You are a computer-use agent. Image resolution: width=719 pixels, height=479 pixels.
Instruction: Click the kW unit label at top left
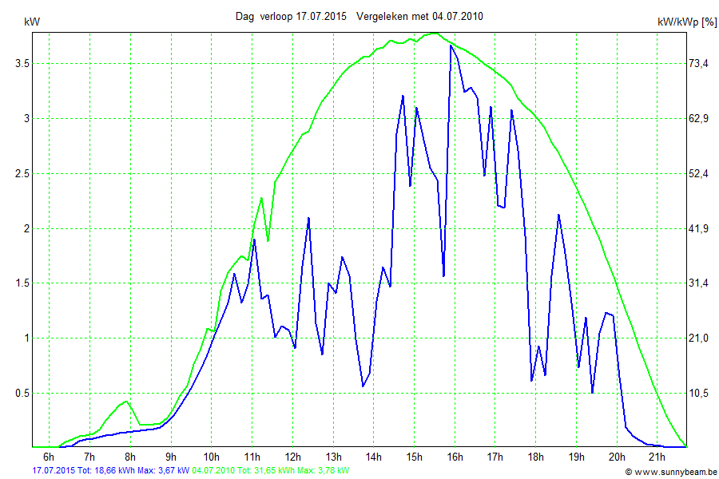pyautogui.click(x=33, y=22)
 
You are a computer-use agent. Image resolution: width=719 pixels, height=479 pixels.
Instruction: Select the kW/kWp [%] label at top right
pyautogui.click(x=686, y=22)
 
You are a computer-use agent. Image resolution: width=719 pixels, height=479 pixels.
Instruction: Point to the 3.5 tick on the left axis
pyautogui.click(x=16, y=63)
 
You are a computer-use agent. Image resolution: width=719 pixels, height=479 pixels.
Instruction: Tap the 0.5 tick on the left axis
pyautogui.click(x=16, y=393)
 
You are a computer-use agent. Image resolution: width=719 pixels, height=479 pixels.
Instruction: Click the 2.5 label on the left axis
pyautogui.click(x=16, y=173)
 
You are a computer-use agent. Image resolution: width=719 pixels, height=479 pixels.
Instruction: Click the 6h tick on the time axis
pyautogui.click(x=49, y=457)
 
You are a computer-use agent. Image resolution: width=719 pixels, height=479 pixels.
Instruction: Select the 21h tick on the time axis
pyautogui.click(x=656, y=457)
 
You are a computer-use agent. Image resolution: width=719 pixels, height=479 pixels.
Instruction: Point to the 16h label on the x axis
pyautogui.click(x=455, y=457)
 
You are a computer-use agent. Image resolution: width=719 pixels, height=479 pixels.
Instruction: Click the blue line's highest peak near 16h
pyautogui.click(x=451, y=46)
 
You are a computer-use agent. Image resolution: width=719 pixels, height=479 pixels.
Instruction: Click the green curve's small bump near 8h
pyautogui.click(x=125, y=402)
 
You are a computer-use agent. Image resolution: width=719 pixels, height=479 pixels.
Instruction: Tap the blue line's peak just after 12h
pyautogui.click(x=308, y=218)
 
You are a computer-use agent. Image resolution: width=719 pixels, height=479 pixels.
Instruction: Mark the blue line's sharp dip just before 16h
pyautogui.click(x=443, y=275)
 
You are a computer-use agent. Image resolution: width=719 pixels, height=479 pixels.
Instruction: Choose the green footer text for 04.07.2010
pyautogui.click(x=271, y=471)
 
